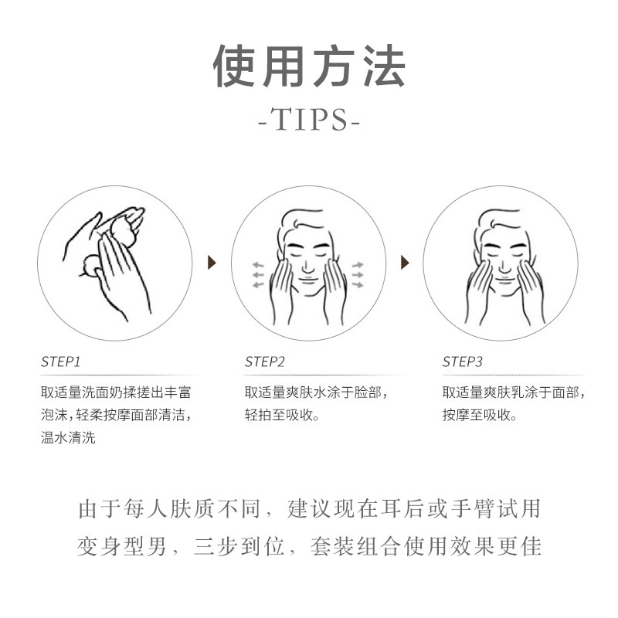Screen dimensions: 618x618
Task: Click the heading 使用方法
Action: pos(309,67)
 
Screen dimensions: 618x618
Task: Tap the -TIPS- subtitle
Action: pos(309,121)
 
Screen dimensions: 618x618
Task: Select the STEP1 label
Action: pos(61,362)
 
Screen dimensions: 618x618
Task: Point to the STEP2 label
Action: pos(265,362)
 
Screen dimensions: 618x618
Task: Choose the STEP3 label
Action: pos(463,362)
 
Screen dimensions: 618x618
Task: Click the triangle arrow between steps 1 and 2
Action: pos(212,263)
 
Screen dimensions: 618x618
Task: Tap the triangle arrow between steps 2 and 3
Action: pos(403,263)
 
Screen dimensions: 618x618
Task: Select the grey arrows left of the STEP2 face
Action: pos(258,275)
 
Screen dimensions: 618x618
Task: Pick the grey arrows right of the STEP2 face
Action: pos(358,275)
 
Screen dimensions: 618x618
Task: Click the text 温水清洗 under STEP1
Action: pos(69,438)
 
